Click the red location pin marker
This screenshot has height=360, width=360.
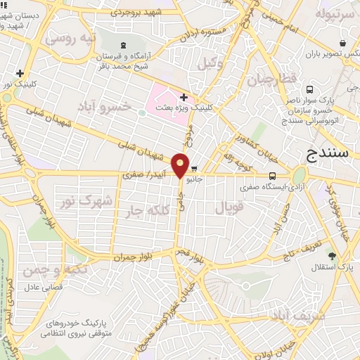pyautogui.click(x=181, y=165)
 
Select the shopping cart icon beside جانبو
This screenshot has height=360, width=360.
pyautogui.click(x=194, y=169)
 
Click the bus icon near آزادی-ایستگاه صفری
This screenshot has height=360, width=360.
pyautogui.click(x=272, y=176)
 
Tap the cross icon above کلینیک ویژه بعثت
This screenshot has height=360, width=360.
pyautogui.click(x=184, y=97)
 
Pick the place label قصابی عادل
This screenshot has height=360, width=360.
pyautogui.click(x=44, y=287)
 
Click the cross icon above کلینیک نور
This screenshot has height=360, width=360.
pyautogui.click(x=20, y=72)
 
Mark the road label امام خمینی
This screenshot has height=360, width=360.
pyautogui.click(x=281, y=21)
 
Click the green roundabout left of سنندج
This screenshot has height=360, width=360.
pyautogui.click(x=300, y=174)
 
